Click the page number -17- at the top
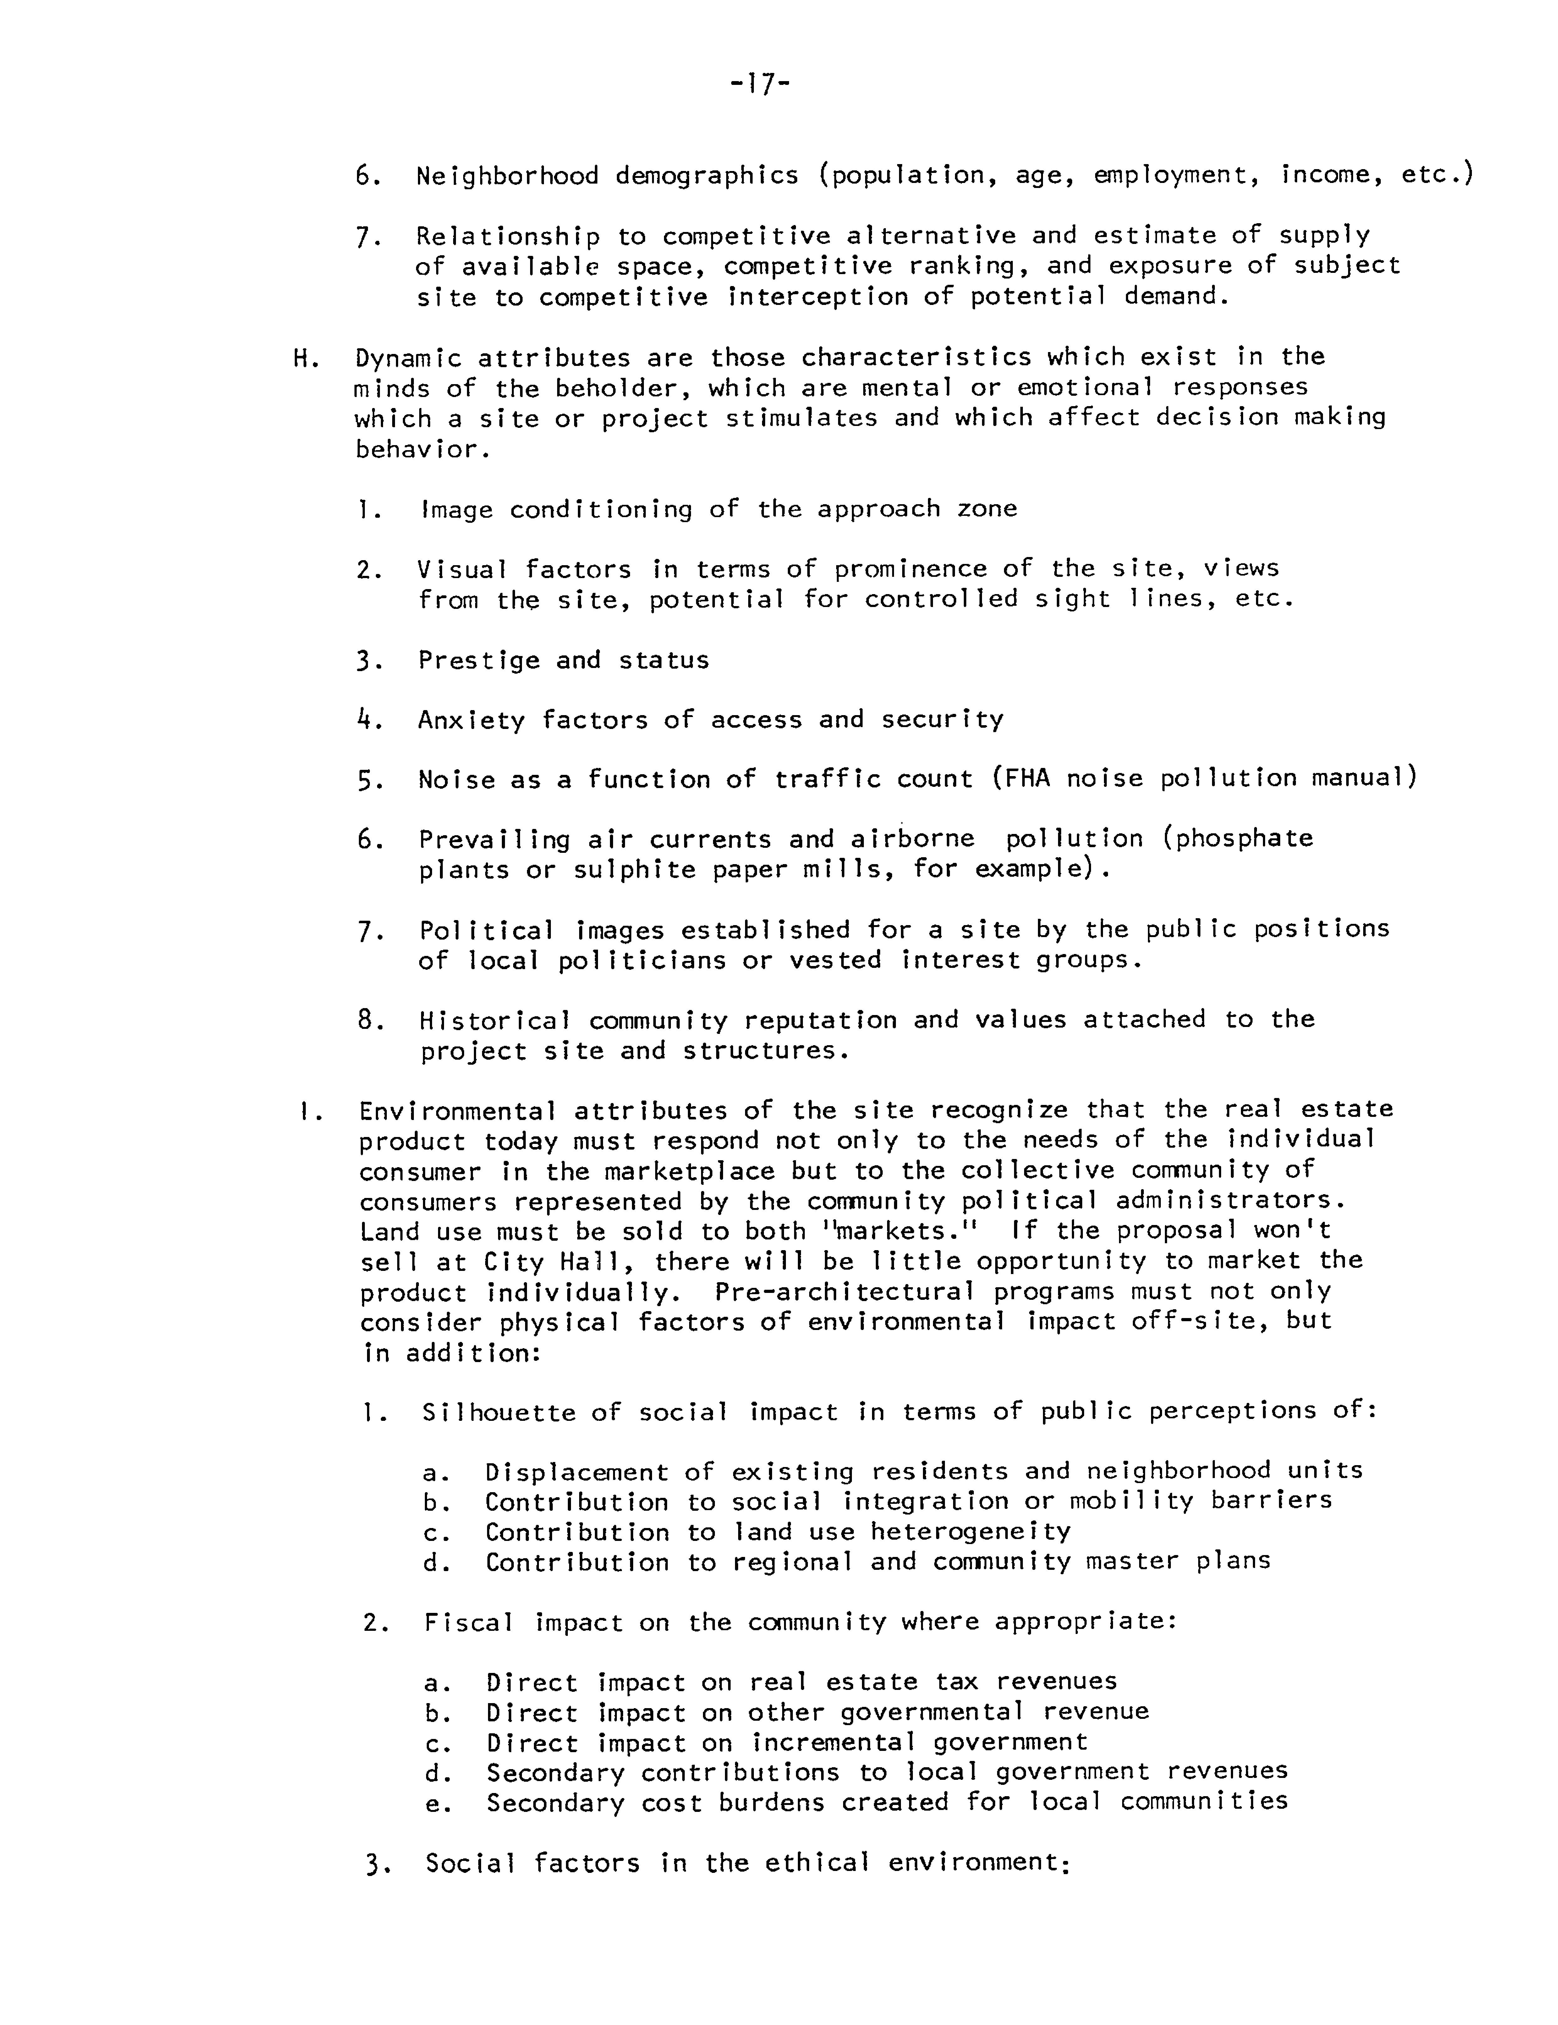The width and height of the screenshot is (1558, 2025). tap(759, 86)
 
